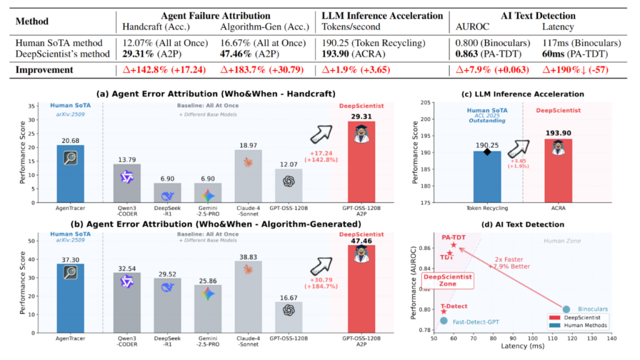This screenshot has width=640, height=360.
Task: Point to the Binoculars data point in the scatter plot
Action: (x=566, y=309)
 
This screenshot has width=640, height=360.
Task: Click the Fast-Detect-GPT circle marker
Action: (x=444, y=321)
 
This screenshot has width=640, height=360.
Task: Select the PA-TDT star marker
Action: (x=454, y=244)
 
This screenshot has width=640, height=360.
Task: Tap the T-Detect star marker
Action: (x=444, y=311)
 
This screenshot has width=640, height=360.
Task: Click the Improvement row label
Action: (x=46, y=69)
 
